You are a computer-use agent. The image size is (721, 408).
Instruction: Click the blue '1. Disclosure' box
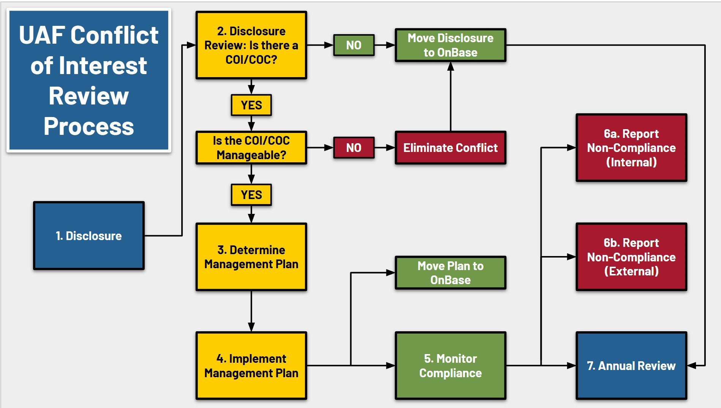89,236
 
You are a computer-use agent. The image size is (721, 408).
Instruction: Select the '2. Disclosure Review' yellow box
251,45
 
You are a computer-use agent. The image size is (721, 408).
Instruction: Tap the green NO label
354,45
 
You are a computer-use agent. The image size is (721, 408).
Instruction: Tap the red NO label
354,148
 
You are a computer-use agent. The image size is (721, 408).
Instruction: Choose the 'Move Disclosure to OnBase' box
451,45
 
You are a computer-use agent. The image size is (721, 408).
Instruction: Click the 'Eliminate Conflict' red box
451,148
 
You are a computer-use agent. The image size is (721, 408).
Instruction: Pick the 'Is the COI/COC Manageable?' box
251,148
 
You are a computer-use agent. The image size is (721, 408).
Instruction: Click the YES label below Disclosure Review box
251,105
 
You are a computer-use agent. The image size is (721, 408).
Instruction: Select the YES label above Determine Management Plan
251,195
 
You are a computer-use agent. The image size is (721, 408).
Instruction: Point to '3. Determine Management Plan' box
251,257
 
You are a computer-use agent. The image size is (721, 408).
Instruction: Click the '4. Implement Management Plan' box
251,365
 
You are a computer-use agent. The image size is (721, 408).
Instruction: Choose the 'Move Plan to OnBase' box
451,273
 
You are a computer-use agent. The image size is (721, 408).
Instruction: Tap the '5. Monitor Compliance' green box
451,365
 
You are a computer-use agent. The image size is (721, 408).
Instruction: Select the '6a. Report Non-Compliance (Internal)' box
631,148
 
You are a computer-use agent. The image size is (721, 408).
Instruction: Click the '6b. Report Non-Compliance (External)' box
631,257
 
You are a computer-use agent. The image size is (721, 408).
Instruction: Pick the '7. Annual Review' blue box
631,365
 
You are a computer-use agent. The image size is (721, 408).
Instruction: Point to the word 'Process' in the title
89,126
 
